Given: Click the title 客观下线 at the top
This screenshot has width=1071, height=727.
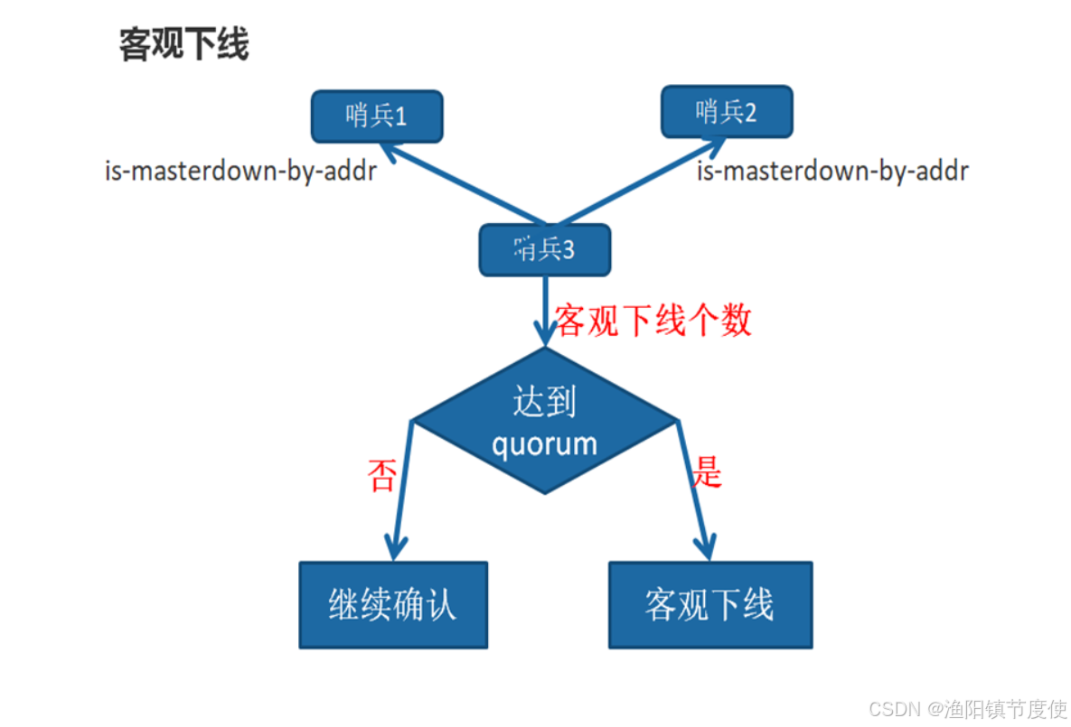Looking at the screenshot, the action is pos(183,44).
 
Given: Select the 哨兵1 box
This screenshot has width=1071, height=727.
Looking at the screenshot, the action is pos(377,117).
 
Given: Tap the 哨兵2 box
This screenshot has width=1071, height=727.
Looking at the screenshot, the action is pos(727,112).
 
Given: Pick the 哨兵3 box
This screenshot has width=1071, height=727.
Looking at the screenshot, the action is pos(544,249).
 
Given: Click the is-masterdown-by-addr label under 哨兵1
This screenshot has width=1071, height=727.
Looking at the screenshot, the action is pos(240,171).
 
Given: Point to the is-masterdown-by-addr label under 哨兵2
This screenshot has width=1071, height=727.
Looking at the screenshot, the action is pos(832,171).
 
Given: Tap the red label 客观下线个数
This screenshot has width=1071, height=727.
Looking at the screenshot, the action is pos(653,320).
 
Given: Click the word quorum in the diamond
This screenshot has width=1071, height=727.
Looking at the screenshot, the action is pos(544,443).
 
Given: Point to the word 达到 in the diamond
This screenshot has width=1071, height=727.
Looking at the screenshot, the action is pos(544,403).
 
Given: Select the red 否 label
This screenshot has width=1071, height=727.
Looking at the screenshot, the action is pos(381,475).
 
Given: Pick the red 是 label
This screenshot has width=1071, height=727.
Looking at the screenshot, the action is pos(708,471).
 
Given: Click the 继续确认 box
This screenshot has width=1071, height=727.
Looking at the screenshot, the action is pos(393,605).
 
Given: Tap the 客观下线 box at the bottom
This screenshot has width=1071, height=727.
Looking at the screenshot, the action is pos(709,605).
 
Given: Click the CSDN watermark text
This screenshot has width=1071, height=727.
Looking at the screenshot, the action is pos(891,708).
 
